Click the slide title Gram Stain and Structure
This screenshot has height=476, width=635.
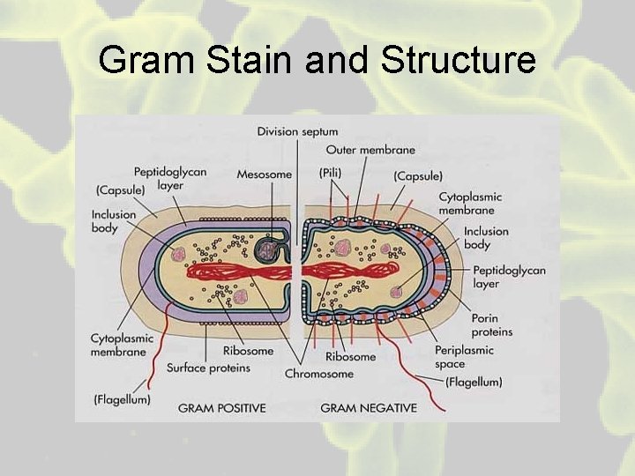[x=317, y=60]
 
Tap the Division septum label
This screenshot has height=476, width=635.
[x=297, y=131]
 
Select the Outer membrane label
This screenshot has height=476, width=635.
[x=370, y=150]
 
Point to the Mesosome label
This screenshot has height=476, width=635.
[x=264, y=175]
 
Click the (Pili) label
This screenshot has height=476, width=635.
[x=332, y=175]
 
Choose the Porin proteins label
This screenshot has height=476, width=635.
[x=491, y=325]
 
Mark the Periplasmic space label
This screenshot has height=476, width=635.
[x=462, y=357]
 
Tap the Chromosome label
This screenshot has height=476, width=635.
[x=318, y=374]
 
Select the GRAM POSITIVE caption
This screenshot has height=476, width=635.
[x=221, y=408]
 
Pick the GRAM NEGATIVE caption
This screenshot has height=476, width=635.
[x=369, y=408]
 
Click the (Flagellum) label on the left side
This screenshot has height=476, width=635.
[x=122, y=399]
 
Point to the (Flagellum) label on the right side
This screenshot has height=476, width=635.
[x=474, y=382]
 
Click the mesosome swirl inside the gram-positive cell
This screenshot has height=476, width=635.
[x=265, y=252]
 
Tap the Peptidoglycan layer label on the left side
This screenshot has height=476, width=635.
[x=169, y=179]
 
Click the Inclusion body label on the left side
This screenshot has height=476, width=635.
[x=114, y=221]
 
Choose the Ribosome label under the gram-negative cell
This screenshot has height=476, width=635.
[x=350, y=356]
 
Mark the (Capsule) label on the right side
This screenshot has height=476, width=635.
[x=418, y=176]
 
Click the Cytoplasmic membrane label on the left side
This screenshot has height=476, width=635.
[x=122, y=345]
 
